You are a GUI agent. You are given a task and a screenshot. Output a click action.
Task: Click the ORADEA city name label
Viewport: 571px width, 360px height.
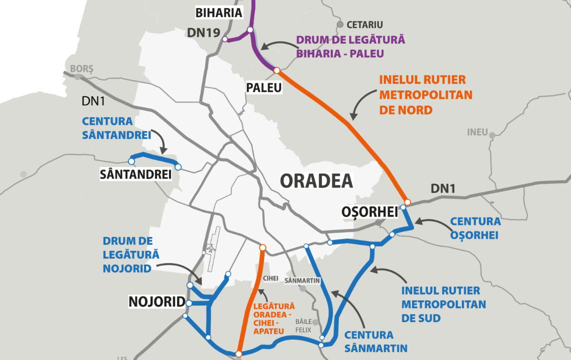(316, 180)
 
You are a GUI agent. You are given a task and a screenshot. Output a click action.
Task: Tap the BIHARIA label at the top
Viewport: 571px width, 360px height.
(219, 12)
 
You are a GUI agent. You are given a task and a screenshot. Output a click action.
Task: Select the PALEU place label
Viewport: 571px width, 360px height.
(264, 87)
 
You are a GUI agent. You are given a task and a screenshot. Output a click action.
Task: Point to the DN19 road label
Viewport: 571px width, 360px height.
(203, 32)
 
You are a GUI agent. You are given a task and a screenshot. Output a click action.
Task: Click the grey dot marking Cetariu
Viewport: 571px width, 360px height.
(340, 24)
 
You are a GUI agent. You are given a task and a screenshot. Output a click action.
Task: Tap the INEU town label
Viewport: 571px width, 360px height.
(477, 132)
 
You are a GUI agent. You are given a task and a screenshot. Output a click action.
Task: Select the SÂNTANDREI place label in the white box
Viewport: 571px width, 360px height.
(135, 174)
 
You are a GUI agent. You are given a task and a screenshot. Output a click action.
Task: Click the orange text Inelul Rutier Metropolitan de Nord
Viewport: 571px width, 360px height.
(425, 94)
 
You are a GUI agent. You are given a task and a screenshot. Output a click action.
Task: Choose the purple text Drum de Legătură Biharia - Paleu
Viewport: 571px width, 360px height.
(350, 46)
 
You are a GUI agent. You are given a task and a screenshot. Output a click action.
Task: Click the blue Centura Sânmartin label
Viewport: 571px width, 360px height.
(375, 341)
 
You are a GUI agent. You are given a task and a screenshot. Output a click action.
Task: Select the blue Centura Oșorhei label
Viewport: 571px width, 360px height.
(475, 227)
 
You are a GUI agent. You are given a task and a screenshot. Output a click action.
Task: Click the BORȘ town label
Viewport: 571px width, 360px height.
(81, 68)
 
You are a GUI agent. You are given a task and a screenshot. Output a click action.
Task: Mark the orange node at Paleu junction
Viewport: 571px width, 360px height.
(276, 70)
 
